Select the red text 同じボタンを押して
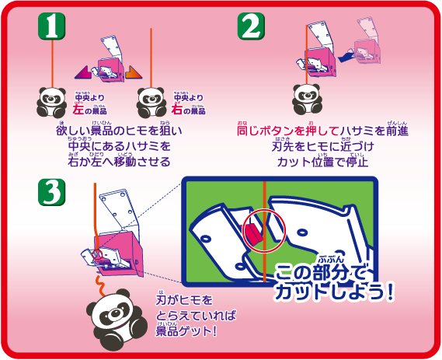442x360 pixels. click(282, 131)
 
